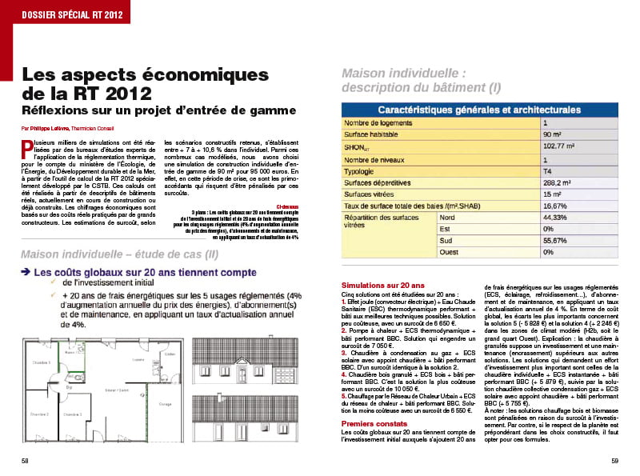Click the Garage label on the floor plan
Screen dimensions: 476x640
point(165,404)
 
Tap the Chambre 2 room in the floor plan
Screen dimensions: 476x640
point(41,414)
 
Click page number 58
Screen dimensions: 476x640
point(26,461)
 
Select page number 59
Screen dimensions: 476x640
point(614,461)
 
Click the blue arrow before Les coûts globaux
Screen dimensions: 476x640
point(26,273)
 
